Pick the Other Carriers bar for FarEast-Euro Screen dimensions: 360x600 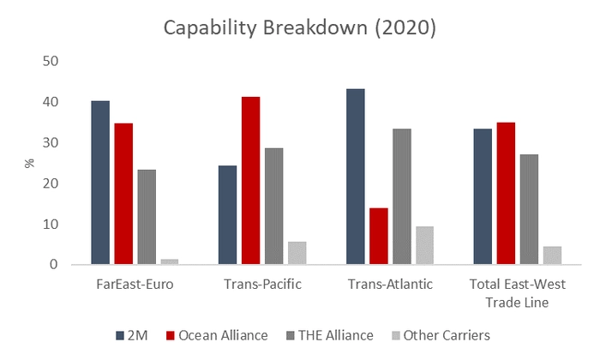[169, 261]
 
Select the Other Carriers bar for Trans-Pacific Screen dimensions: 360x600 [297, 253]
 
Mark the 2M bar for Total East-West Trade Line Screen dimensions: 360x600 [483, 196]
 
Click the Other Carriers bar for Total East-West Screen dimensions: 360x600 [552, 255]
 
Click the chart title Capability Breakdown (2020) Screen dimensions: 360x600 [301, 27]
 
